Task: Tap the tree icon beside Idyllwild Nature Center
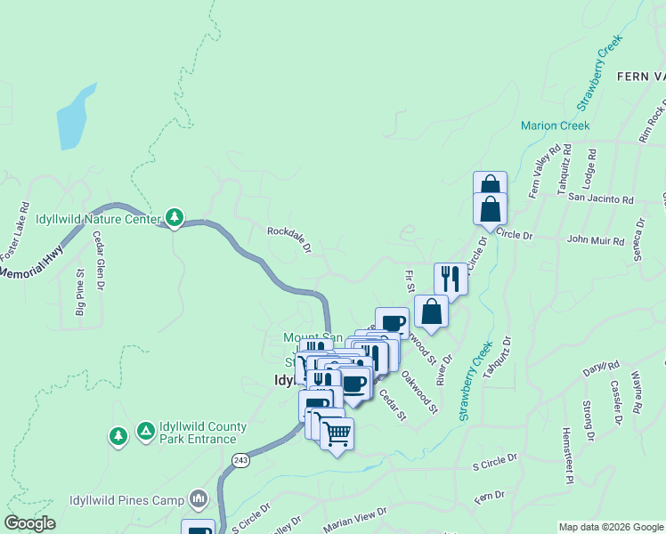175,217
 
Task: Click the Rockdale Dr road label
289,239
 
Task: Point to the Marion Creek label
556,125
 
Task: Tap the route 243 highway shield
241,459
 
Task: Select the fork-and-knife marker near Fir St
451,279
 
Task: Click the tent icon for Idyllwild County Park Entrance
145,432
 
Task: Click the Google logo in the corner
29,523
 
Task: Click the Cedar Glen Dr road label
100,261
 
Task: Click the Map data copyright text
611,527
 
